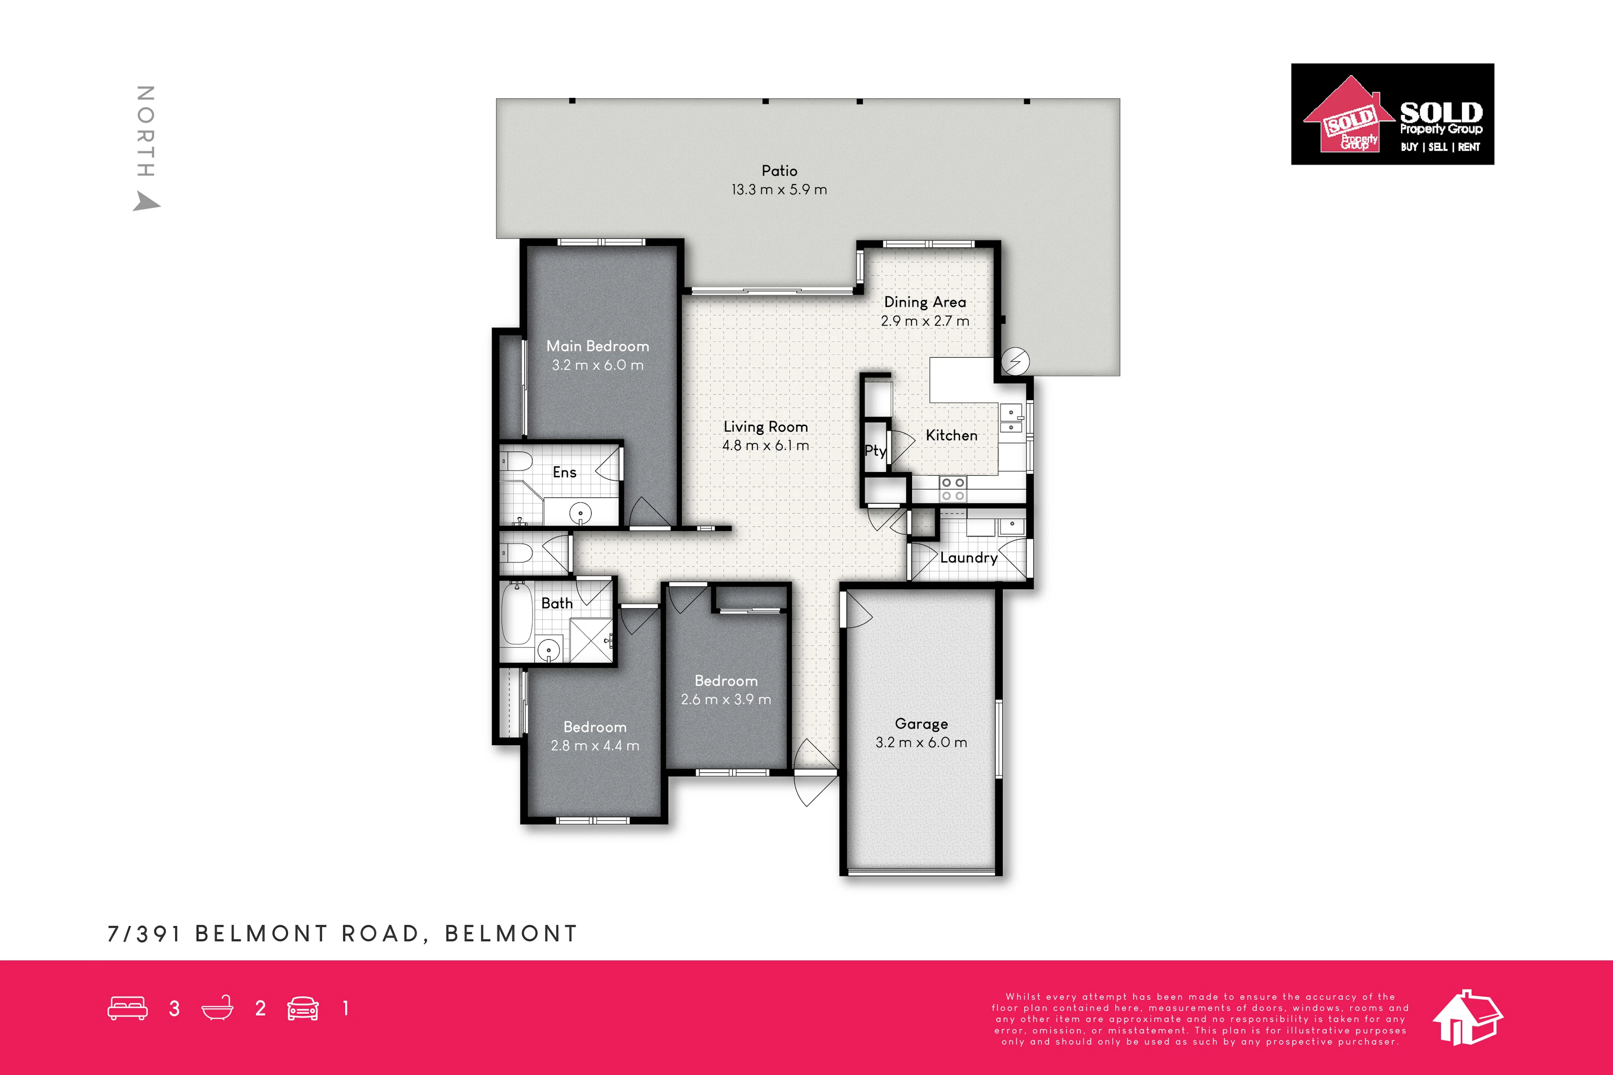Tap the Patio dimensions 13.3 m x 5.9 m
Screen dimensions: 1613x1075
pyautogui.click(x=779, y=189)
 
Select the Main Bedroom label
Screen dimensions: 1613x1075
pyautogui.click(x=598, y=346)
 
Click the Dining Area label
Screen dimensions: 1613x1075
pyautogui.click(x=925, y=302)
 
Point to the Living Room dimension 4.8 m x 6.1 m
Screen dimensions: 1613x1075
pyautogui.click(x=766, y=446)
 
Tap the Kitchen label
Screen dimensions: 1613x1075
pyautogui.click(x=951, y=435)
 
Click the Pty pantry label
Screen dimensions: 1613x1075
pyautogui.click(x=875, y=451)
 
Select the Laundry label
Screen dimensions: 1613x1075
pyautogui.click(x=969, y=558)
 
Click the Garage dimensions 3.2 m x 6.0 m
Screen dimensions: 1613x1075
pyautogui.click(x=921, y=742)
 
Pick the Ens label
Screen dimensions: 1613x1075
pyautogui.click(x=564, y=472)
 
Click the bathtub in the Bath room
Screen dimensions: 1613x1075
pyautogui.click(x=516, y=614)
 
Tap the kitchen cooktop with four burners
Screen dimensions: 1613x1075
pyautogui.click(x=953, y=489)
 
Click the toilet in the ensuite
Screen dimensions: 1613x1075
pyautogui.click(x=515, y=461)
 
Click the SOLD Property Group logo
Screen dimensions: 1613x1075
pyautogui.click(x=1392, y=114)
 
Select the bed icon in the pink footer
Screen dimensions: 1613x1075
pyautogui.click(x=127, y=1008)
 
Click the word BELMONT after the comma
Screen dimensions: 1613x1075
pyautogui.click(x=511, y=934)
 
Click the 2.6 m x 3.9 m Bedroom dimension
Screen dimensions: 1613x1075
pyautogui.click(x=726, y=699)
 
